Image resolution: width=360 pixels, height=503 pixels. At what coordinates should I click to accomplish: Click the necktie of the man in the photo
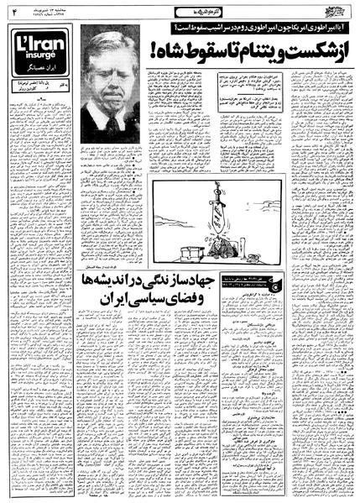click(112, 127)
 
